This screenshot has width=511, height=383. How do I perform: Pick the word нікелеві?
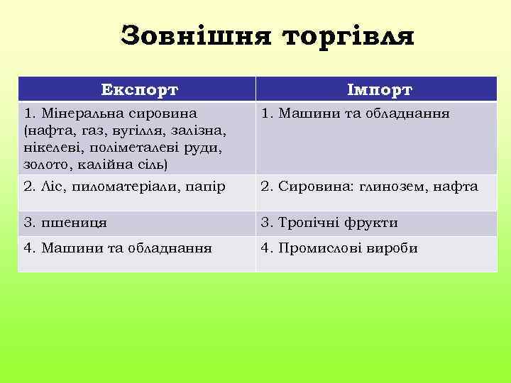tap(50, 148)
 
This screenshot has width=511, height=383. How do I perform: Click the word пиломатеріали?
tap(125, 187)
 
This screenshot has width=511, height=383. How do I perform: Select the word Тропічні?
tap(309, 223)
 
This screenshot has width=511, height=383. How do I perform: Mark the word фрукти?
tap(371, 223)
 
